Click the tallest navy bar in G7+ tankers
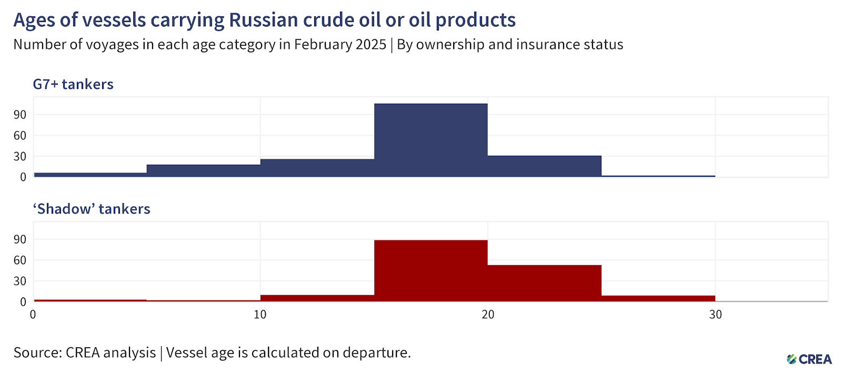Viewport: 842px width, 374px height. tap(431, 140)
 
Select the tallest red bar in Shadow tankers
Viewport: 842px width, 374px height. tap(431, 270)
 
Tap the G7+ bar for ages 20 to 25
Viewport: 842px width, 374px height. tap(545, 166)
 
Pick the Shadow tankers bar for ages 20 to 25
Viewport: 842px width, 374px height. tap(545, 283)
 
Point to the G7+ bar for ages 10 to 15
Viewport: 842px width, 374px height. tap(317, 168)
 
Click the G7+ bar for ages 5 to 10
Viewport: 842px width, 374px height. tap(204, 170)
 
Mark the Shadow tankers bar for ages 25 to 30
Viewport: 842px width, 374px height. tap(658, 298)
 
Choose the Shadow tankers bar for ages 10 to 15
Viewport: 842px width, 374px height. tap(317, 298)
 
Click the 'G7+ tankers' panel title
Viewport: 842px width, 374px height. tap(73, 84)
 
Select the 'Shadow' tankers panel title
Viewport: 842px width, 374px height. tap(92, 209)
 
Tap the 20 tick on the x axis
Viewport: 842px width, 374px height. tap(488, 314)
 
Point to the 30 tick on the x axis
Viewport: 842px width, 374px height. tap(715, 314)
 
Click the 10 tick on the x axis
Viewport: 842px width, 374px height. tap(260, 314)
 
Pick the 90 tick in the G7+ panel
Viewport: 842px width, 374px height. tap(20, 115)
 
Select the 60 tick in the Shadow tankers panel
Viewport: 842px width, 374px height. tap(20, 260)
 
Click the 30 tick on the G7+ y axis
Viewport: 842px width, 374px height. tap(20, 156)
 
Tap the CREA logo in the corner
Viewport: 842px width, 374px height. tap(809, 359)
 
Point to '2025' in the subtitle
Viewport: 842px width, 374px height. tap(371, 44)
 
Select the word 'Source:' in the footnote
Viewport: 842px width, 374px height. tap(37, 352)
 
